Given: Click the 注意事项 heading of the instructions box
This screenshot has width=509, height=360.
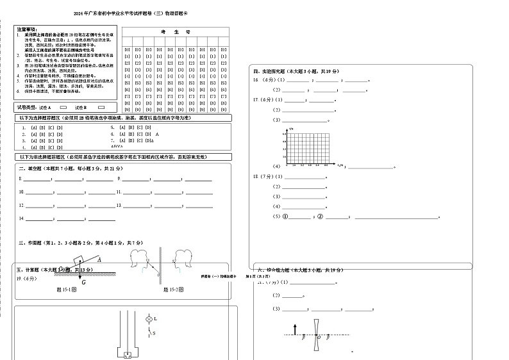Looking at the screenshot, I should [x=26, y=29].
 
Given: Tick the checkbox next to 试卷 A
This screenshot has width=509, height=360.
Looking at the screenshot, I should [x=63, y=107].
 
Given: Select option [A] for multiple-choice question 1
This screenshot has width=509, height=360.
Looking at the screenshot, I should [x=33, y=127].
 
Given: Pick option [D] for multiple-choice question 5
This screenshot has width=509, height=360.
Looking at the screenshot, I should [x=149, y=127].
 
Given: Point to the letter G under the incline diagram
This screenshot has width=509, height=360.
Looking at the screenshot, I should [x=65, y=281].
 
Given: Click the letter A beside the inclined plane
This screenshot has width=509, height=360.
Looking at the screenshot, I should [x=99, y=259].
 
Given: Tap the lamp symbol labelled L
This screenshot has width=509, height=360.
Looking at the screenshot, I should [x=149, y=318].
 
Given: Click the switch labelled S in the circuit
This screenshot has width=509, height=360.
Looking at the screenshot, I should [x=151, y=334].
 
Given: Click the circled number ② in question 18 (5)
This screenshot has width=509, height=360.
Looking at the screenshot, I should [x=318, y=217].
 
